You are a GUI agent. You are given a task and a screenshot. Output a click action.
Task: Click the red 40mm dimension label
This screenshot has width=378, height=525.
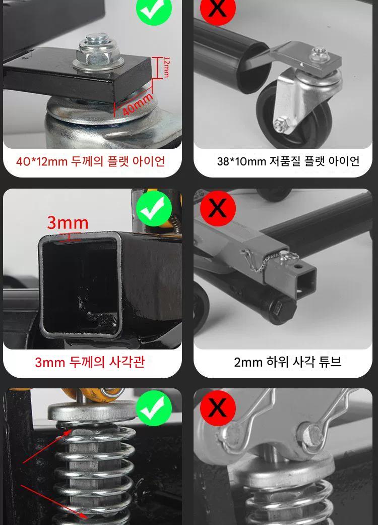click(x=137, y=104)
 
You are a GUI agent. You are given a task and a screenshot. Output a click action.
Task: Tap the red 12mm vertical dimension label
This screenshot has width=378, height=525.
click(x=166, y=67)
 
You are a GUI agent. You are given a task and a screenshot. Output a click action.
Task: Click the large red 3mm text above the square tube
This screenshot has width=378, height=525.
click(x=68, y=222)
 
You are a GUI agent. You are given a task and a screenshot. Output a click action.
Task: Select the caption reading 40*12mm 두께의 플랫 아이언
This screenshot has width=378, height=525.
click(x=91, y=161)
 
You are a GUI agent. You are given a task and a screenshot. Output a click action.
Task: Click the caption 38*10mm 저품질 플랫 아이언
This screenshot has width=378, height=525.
click(x=288, y=161)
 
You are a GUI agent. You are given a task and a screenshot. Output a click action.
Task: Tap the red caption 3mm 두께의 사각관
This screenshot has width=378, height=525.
click(x=90, y=362)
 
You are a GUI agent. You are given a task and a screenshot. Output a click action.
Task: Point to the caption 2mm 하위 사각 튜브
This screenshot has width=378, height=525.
click(x=288, y=362)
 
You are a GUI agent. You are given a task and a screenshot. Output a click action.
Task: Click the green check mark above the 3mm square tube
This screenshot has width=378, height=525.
click(x=154, y=209)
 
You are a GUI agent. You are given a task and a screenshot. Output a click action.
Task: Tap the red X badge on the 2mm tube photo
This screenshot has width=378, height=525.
click(x=218, y=209)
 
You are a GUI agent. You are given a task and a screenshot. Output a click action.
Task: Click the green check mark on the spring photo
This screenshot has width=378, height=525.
click(x=154, y=408)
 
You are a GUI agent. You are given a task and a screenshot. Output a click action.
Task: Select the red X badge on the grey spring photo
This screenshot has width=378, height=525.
click(x=218, y=408)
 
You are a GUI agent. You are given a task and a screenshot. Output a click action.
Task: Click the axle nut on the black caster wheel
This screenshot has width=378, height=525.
click(x=280, y=125)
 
